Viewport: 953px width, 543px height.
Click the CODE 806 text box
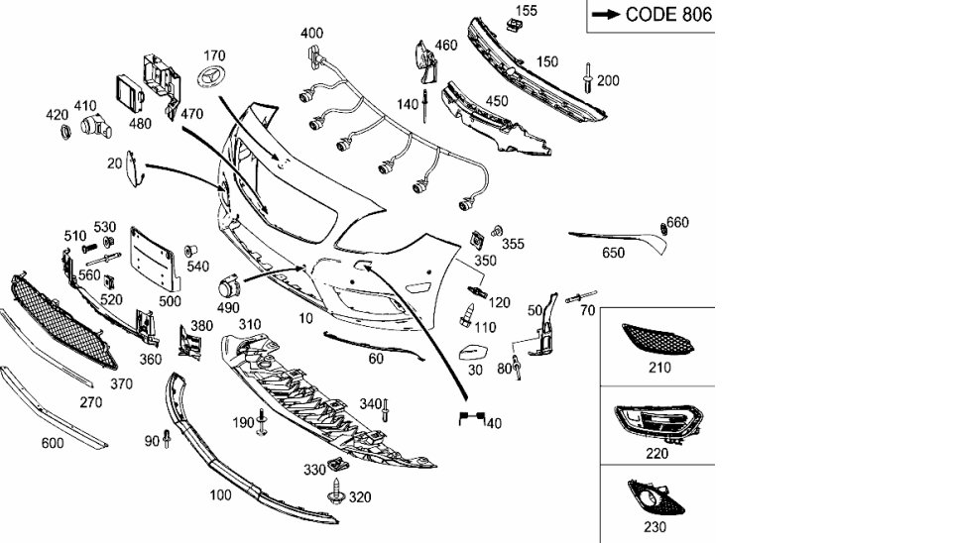click(651, 15)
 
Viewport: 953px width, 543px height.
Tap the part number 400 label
click(311, 33)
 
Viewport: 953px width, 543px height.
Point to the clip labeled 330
click(337, 464)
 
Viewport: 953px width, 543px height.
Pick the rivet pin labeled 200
click(589, 75)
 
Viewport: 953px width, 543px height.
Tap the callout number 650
click(614, 253)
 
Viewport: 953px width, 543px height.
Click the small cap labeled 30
click(473, 353)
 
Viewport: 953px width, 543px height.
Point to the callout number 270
click(90, 403)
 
